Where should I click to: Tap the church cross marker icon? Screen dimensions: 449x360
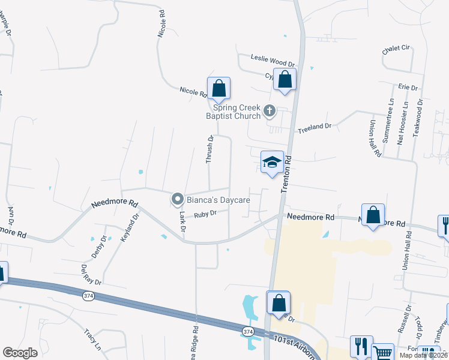click(x=270, y=111)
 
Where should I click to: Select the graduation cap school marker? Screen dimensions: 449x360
click(x=272, y=162)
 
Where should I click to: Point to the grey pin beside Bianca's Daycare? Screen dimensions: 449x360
click(x=178, y=199)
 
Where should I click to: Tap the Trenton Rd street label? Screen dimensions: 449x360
click(x=287, y=175)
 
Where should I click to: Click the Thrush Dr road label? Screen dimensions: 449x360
click(x=210, y=150)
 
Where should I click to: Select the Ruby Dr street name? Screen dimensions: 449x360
click(x=205, y=214)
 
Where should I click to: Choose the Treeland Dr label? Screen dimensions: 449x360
click(x=315, y=127)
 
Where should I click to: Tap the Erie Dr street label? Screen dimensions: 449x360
click(x=408, y=88)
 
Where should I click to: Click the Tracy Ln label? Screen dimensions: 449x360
click(x=92, y=339)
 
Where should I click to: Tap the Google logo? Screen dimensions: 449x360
click(x=20, y=353)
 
